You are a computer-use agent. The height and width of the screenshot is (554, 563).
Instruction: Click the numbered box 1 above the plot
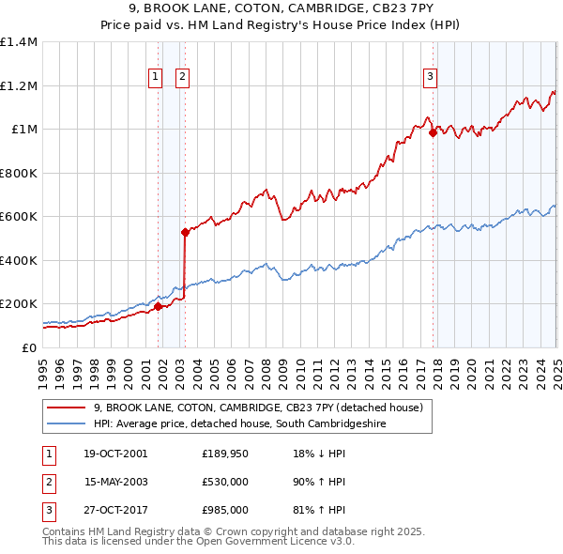pyautogui.click(x=155, y=78)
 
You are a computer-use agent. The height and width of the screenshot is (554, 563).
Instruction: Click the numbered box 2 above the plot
pyautogui.click(x=182, y=78)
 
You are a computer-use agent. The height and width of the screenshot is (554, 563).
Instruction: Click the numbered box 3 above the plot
pyautogui.click(x=430, y=78)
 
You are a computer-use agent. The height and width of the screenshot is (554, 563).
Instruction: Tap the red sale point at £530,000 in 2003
pyautogui.click(x=186, y=232)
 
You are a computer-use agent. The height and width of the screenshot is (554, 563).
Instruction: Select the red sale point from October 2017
pyautogui.click(x=434, y=133)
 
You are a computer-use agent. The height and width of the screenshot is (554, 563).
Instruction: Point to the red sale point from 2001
pyautogui.click(x=159, y=306)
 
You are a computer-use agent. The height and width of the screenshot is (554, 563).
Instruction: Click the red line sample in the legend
pyautogui.click(x=67, y=408)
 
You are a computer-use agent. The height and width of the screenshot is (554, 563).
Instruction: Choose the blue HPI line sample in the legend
pyautogui.click(x=67, y=424)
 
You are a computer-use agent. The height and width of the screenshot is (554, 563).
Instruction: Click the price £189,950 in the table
pyautogui.click(x=224, y=454)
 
